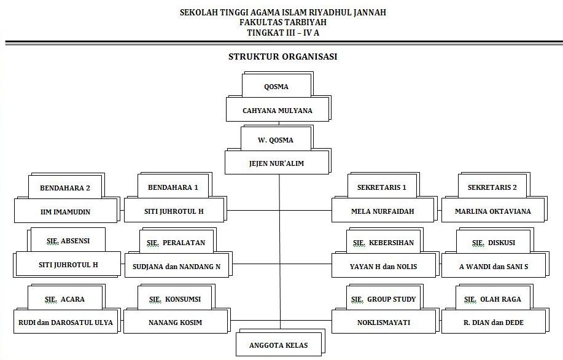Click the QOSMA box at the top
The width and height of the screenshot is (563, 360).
(276, 86)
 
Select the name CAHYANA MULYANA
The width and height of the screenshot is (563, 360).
(278, 111)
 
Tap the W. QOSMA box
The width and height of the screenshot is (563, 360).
(276, 139)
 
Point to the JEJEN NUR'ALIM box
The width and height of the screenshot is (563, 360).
(277, 163)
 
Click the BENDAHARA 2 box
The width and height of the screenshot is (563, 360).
(64, 187)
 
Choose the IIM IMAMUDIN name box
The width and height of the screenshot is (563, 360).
(66, 211)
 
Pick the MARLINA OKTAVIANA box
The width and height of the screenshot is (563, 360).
(493, 211)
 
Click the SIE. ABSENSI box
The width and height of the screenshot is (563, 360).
(68, 241)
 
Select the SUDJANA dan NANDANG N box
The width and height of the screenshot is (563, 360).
(176, 267)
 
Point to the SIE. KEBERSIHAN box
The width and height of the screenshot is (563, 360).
(383, 242)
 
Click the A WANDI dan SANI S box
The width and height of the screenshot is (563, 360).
(494, 267)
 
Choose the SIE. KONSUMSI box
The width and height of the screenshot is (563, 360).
(174, 299)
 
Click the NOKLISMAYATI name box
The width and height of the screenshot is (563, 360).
(384, 322)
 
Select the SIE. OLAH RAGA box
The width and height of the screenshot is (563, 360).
(492, 299)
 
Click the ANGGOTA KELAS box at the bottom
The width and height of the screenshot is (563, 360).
(279, 345)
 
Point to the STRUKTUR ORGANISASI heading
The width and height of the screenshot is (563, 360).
(282, 57)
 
